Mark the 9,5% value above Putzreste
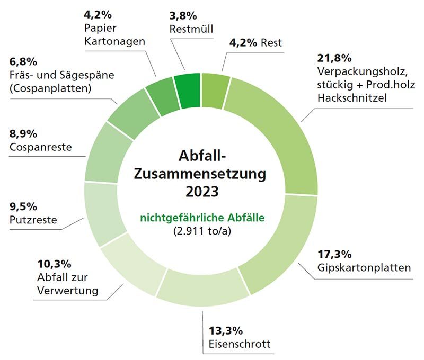point(23,206)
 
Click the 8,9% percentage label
point(23,133)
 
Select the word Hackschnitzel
point(350,98)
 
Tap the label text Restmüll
point(191,29)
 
